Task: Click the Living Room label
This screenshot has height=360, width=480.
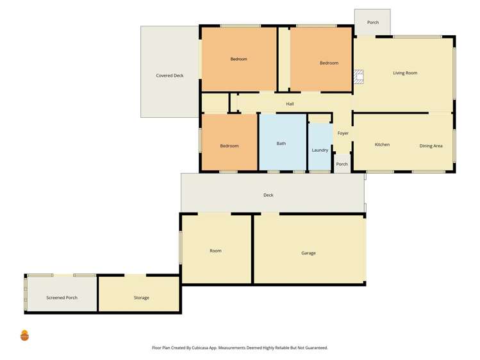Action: click(405, 73)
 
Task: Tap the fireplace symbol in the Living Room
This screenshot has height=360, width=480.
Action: click(359, 78)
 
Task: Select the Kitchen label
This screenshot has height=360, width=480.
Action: click(382, 145)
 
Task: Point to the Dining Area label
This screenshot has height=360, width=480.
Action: click(431, 146)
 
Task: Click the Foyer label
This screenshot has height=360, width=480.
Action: click(343, 133)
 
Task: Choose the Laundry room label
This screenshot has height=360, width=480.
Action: click(320, 151)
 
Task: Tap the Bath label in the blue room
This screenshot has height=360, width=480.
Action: click(281, 143)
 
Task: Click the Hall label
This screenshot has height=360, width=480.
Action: click(290, 104)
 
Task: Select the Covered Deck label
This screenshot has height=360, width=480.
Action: click(170, 76)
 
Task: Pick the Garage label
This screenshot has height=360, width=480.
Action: click(308, 253)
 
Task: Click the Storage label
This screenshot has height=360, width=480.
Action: click(142, 298)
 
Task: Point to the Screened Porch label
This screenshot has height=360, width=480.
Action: click(62, 298)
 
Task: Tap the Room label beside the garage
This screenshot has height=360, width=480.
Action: click(215, 250)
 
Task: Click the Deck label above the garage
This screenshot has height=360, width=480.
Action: click(269, 195)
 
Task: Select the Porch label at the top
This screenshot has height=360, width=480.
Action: click(373, 22)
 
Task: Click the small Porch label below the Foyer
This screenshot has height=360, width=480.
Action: click(342, 164)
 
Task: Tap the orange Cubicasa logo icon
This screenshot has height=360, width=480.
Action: click(25, 335)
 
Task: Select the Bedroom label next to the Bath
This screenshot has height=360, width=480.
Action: click(229, 146)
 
